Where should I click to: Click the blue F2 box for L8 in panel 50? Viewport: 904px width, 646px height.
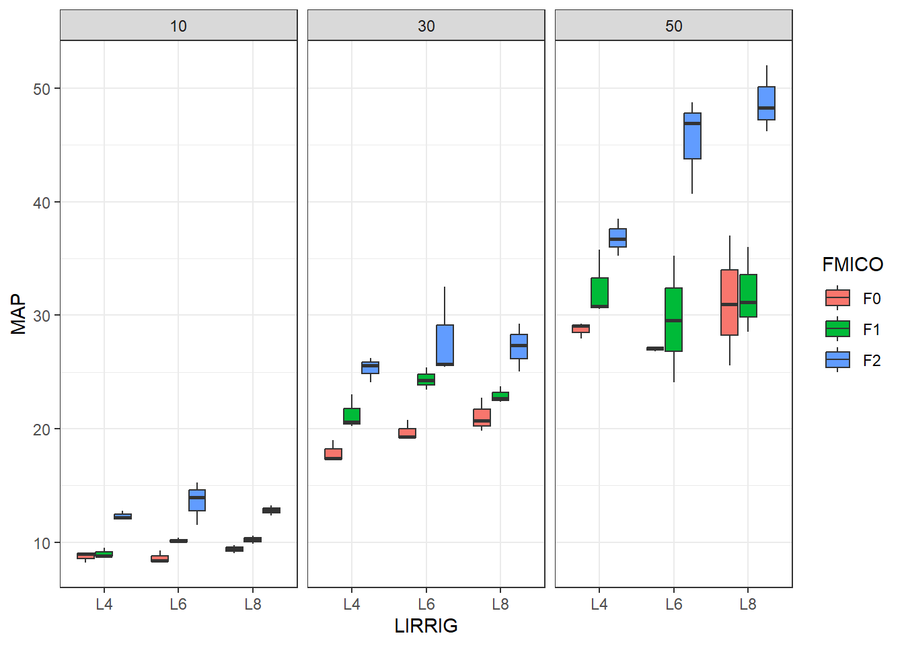(x=766, y=103)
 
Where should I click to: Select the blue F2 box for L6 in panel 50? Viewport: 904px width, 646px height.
(x=692, y=136)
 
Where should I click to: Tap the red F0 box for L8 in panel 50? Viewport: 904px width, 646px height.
(x=729, y=302)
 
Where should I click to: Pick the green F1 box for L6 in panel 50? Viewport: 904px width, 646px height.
(x=673, y=320)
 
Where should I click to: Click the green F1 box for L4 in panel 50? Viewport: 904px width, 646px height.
(x=599, y=293)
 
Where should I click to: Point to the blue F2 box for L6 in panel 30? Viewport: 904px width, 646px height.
(x=445, y=345)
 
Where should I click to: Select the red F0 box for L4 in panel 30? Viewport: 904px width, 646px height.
(x=333, y=454)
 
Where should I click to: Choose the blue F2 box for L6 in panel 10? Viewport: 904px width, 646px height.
(x=197, y=500)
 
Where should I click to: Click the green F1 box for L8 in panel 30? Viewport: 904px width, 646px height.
(x=500, y=396)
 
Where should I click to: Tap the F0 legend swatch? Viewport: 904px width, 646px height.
(x=837, y=298)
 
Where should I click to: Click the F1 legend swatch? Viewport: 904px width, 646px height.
(x=837, y=329)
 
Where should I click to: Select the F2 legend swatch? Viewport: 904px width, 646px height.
(x=837, y=360)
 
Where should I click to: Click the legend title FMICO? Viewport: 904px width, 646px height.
(x=852, y=264)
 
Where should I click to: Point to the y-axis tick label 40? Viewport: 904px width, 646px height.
(x=42, y=203)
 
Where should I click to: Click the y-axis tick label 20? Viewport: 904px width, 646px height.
(x=42, y=429)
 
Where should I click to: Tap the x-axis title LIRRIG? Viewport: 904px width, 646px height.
(x=426, y=626)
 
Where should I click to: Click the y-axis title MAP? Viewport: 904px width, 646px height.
(x=18, y=314)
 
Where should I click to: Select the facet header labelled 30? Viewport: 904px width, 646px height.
(x=426, y=26)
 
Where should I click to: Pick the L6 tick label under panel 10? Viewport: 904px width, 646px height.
(x=178, y=604)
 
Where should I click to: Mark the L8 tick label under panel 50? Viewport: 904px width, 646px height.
(x=748, y=604)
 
